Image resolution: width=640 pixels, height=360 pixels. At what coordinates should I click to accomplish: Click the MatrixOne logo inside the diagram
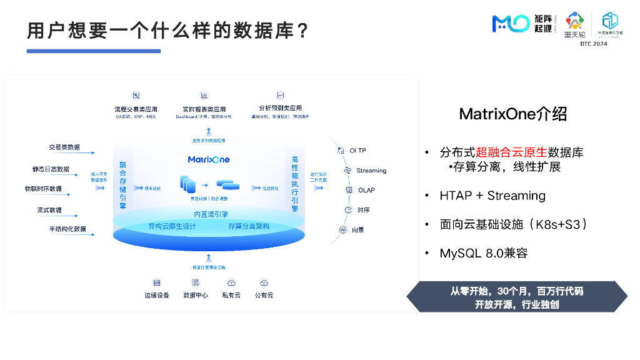[x=209, y=159]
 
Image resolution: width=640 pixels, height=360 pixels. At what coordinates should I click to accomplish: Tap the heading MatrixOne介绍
[x=513, y=114]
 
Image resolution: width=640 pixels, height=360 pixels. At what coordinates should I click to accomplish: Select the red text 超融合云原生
[x=511, y=152]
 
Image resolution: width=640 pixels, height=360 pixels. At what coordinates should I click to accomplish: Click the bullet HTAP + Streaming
[x=492, y=196]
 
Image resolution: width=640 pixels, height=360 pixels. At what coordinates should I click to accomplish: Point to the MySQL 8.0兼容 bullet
[x=484, y=253]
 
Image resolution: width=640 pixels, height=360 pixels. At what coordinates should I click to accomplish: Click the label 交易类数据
[x=64, y=147]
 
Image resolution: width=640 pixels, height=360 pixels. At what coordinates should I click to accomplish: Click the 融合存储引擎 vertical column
[x=122, y=184]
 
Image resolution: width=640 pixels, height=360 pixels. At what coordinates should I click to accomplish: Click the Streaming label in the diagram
[x=371, y=171]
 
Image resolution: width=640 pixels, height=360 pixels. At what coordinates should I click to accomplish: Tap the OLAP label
[x=367, y=190]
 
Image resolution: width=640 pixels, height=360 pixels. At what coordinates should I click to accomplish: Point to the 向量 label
[x=357, y=230]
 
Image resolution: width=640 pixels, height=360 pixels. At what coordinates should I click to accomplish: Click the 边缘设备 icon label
[x=157, y=295]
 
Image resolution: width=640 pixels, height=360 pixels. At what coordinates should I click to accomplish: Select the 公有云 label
[x=264, y=295]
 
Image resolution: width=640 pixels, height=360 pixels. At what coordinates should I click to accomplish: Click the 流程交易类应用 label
[x=136, y=109]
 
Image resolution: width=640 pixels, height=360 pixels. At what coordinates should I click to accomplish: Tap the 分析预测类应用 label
[x=280, y=109]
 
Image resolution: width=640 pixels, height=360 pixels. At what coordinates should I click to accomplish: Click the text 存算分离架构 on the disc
[x=249, y=226]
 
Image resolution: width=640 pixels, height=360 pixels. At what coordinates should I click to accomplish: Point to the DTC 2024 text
[x=593, y=44]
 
